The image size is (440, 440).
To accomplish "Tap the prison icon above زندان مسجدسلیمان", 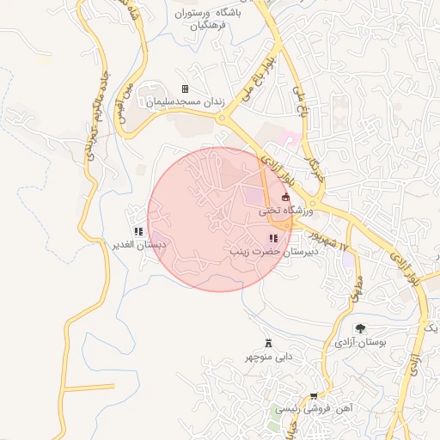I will pyautogui.click(x=185, y=89).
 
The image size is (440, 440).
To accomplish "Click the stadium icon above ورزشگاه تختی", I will pyautogui.click(x=286, y=198).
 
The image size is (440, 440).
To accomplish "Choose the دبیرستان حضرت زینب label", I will pyautogui.click(x=273, y=253).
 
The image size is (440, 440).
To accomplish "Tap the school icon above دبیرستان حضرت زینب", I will pyautogui.click(x=273, y=239).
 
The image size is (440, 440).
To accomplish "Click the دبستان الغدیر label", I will pyautogui.click(x=138, y=245).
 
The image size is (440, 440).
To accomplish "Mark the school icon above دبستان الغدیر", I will pyautogui.click(x=138, y=232).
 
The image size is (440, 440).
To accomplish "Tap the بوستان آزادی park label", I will pyautogui.click(x=361, y=342).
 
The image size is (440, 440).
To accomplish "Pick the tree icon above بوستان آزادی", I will pyautogui.click(x=360, y=328).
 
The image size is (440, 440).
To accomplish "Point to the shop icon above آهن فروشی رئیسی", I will pyautogui.click(x=314, y=396).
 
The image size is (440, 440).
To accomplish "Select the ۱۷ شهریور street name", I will pyautogui.click(x=334, y=240).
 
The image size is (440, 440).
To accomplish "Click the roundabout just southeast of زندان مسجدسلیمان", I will pyautogui.click(x=228, y=123).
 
